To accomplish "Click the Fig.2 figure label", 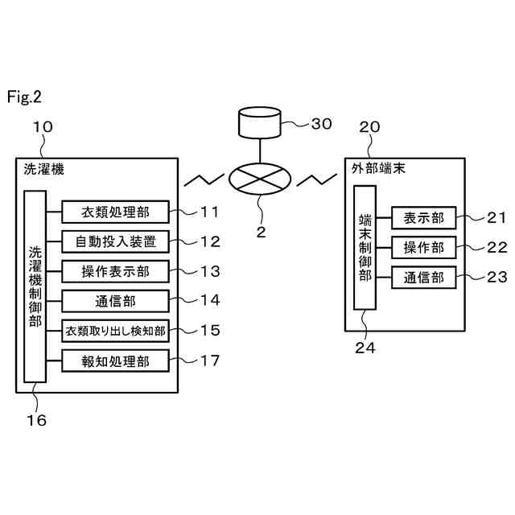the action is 24,97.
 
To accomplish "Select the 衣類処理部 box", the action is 115,212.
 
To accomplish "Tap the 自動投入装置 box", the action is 115,241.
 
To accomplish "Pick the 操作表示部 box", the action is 115,271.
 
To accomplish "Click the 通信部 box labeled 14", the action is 115,301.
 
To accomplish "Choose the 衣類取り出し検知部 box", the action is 115,331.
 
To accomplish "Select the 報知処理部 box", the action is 115,360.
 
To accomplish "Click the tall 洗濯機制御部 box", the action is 35,286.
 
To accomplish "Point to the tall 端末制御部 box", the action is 365,248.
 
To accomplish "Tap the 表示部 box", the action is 424,218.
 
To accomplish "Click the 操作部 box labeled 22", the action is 424,247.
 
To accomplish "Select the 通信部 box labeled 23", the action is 424,278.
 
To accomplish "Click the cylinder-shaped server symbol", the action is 260,122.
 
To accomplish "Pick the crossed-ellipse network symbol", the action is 260,179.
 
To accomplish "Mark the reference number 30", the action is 322,124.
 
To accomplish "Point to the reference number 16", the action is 36,420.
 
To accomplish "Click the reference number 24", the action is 365,348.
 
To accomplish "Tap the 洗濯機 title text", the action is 43,170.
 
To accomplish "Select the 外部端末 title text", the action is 378,168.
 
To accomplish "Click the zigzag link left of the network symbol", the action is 204,179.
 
